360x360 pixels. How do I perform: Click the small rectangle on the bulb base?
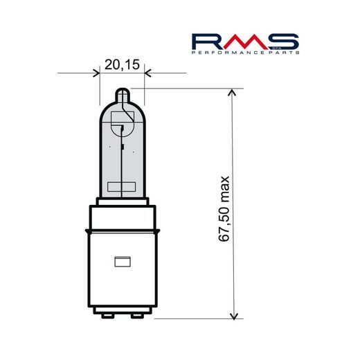pos(122,262)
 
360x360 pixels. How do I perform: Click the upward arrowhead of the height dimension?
pos(233,93)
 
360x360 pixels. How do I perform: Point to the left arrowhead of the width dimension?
pos(96,73)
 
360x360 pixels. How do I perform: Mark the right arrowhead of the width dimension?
pos(147,73)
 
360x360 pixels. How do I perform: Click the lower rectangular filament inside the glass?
pos(122,185)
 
